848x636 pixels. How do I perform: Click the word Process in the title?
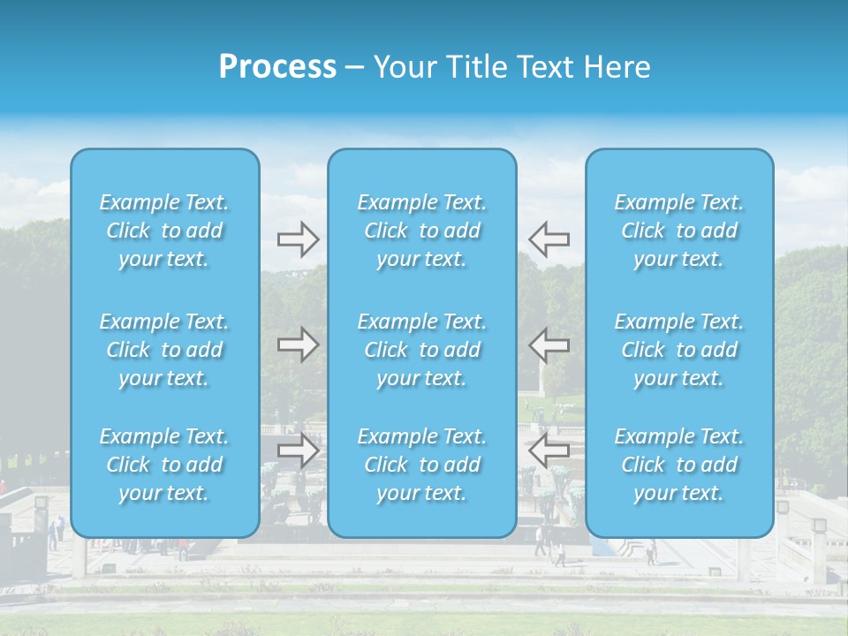coord(277,67)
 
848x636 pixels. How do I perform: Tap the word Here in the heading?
coord(617,67)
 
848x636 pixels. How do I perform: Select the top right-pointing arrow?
coord(298,239)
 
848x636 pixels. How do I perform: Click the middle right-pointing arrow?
coord(298,344)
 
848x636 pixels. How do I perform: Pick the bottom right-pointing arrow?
coord(298,450)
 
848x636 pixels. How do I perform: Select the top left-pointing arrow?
coord(549,239)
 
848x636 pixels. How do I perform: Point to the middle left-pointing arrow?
coord(549,344)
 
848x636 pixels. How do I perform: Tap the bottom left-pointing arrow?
coord(549,450)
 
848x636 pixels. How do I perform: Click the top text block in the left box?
coord(164,231)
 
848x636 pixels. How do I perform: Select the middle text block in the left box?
coord(164,350)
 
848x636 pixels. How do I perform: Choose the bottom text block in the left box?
coord(164,465)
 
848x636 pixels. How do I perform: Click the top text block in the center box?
coord(422,231)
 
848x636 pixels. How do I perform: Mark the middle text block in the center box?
coord(422,350)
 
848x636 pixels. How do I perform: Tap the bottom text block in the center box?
coord(422,465)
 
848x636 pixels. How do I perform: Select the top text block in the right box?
coord(679,231)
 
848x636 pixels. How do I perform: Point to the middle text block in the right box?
coord(679,350)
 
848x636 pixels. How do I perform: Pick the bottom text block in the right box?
coord(679,465)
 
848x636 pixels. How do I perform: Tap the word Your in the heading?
coord(404,67)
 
